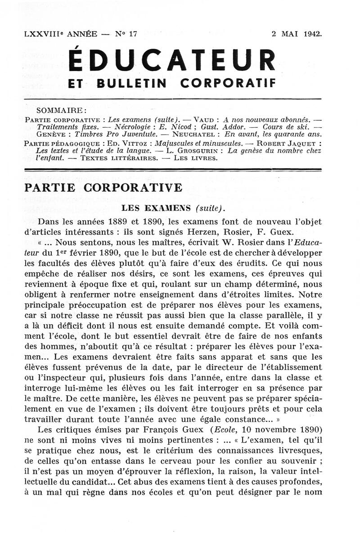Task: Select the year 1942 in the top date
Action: pos(312,34)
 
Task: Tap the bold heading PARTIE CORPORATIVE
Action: pos(103,188)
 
